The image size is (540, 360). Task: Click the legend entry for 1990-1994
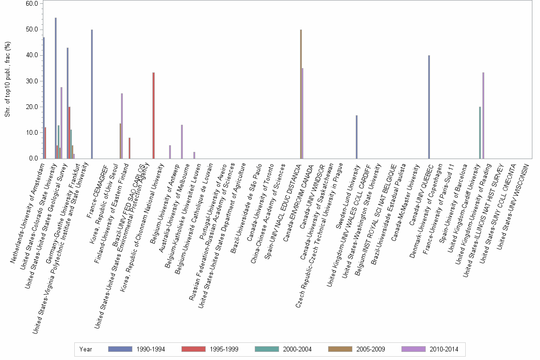coord(137,350)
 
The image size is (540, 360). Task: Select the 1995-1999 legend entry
coord(210,350)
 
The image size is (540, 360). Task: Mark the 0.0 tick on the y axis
coord(33,159)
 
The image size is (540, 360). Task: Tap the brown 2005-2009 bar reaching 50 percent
coord(301,94)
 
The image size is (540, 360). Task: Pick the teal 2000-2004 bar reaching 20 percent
coord(480,133)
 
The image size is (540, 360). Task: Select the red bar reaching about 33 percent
coord(154,116)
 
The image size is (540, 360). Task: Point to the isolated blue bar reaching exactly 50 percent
coord(92,94)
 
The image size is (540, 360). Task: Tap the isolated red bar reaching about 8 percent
coord(130,148)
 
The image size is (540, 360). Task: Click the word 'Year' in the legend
coord(86,350)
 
